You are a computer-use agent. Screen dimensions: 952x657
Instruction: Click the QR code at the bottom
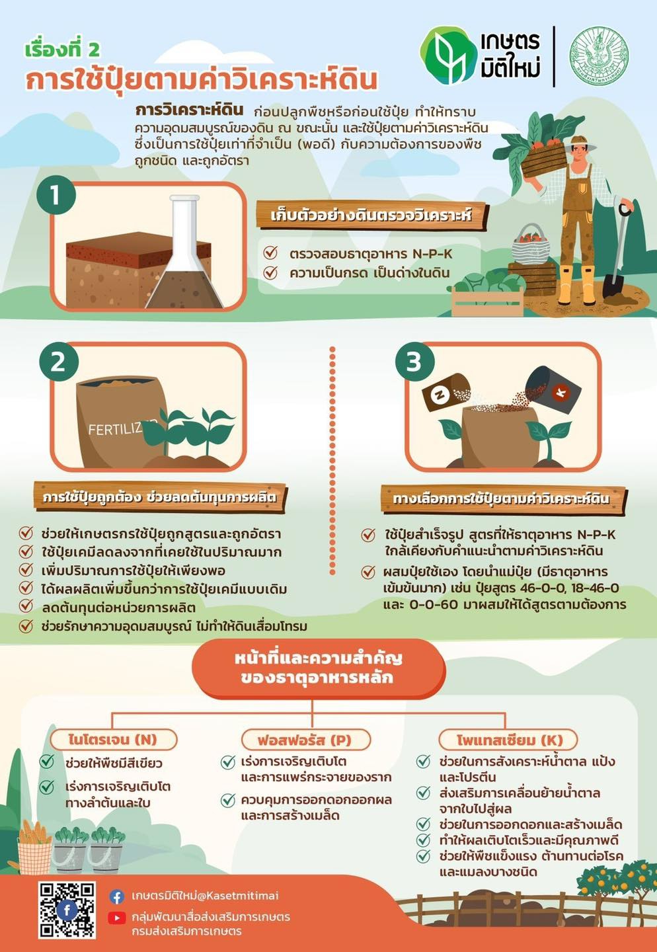click(67, 910)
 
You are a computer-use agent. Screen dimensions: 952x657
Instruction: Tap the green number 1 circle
click(56, 195)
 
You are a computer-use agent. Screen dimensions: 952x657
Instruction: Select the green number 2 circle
click(58, 362)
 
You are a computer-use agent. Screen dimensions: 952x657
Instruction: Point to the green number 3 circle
click(414, 362)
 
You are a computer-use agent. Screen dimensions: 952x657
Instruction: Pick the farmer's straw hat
click(578, 141)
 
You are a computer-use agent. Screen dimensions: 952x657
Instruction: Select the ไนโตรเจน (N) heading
click(113, 739)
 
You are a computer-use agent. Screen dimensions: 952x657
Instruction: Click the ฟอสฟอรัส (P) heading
click(305, 739)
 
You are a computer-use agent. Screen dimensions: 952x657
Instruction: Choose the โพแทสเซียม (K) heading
click(508, 739)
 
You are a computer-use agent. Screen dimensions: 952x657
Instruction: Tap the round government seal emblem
click(599, 56)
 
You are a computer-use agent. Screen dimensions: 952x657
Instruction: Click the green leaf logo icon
click(447, 56)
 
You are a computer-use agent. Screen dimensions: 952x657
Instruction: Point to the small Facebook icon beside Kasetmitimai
click(117, 896)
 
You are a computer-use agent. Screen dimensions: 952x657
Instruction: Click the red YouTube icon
click(117, 918)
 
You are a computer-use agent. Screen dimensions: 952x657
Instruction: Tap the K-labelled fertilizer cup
click(555, 390)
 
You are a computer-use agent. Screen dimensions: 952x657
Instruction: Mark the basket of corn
click(34, 848)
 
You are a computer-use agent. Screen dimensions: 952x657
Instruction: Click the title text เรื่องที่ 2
click(62, 50)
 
